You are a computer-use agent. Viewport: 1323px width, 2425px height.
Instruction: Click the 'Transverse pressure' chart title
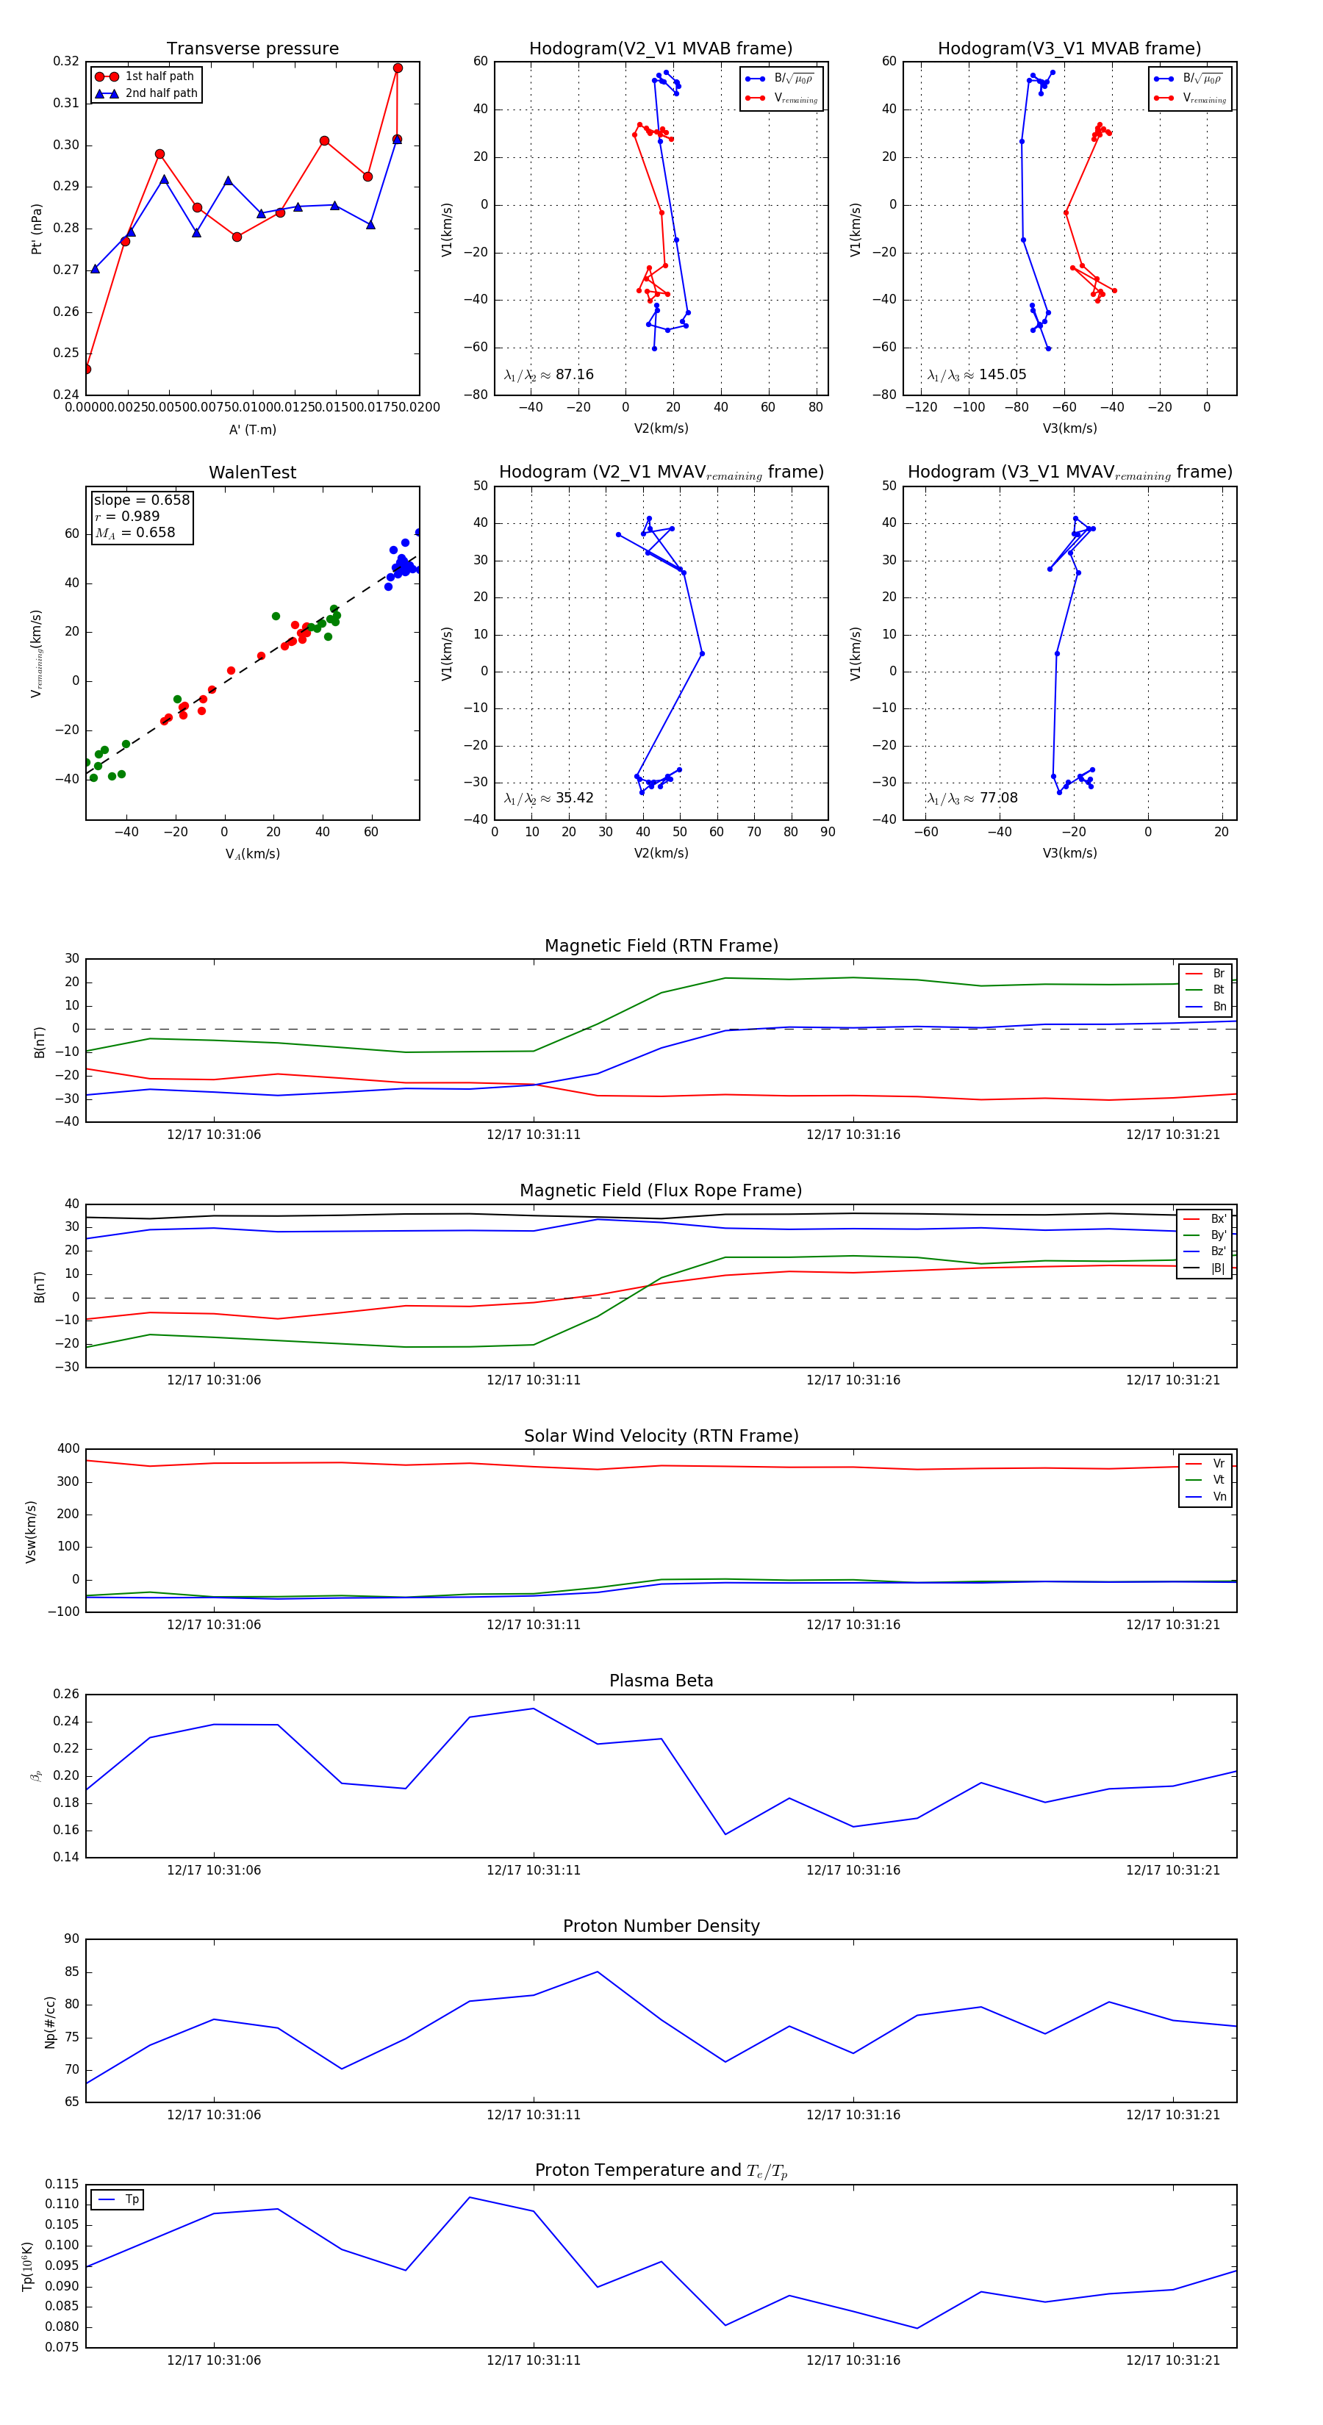click(252, 49)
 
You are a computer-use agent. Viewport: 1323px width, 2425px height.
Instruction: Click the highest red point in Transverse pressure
click(398, 68)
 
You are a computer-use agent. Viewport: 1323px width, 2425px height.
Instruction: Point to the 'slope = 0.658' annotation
click(141, 500)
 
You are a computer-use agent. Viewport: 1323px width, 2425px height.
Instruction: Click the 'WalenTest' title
click(252, 473)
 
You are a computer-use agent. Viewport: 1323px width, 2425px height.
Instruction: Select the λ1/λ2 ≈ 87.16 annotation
click(549, 375)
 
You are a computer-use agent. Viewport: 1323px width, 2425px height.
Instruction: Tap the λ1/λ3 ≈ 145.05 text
click(977, 375)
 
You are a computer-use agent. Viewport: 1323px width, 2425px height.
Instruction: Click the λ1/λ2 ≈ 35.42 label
click(549, 798)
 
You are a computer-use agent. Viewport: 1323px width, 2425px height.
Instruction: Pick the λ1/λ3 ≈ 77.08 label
click(972, 798)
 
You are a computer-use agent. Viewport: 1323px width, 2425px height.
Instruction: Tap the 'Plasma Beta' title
click(661, 1681)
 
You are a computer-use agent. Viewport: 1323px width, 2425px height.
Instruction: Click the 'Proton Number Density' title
click(661, 1926)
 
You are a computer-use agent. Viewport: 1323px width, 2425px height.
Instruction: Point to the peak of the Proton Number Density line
click(597, 1972)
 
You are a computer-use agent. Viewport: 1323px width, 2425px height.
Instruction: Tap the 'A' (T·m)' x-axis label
click(252, 430)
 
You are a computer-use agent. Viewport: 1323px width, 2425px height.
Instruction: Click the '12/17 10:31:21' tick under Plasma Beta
click(1172, 1870)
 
